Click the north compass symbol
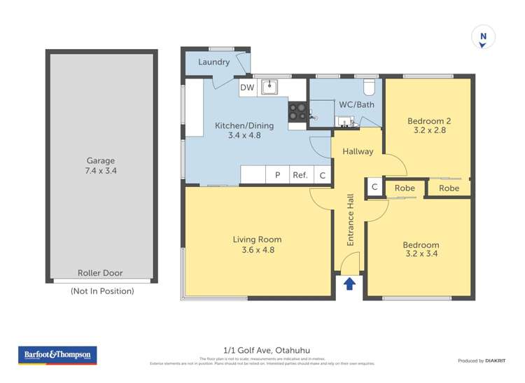[x=482, y=37]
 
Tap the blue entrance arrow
[x=349, y=284]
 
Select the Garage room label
[x=101, y=160]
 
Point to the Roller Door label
[x=101, y=273]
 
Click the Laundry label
[x=213, y=62]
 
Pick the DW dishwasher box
[x=247, y=88]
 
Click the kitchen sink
[x=270, y=87]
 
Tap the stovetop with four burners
[x=297, y=111]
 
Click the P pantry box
[x=277, y=175]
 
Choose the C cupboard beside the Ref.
[x=323, y=175]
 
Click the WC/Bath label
[x=357, y=105]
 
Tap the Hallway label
[x=358, y=151]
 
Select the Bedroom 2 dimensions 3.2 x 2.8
[x=429, y=130]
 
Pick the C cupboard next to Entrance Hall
[x=374, y=188]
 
